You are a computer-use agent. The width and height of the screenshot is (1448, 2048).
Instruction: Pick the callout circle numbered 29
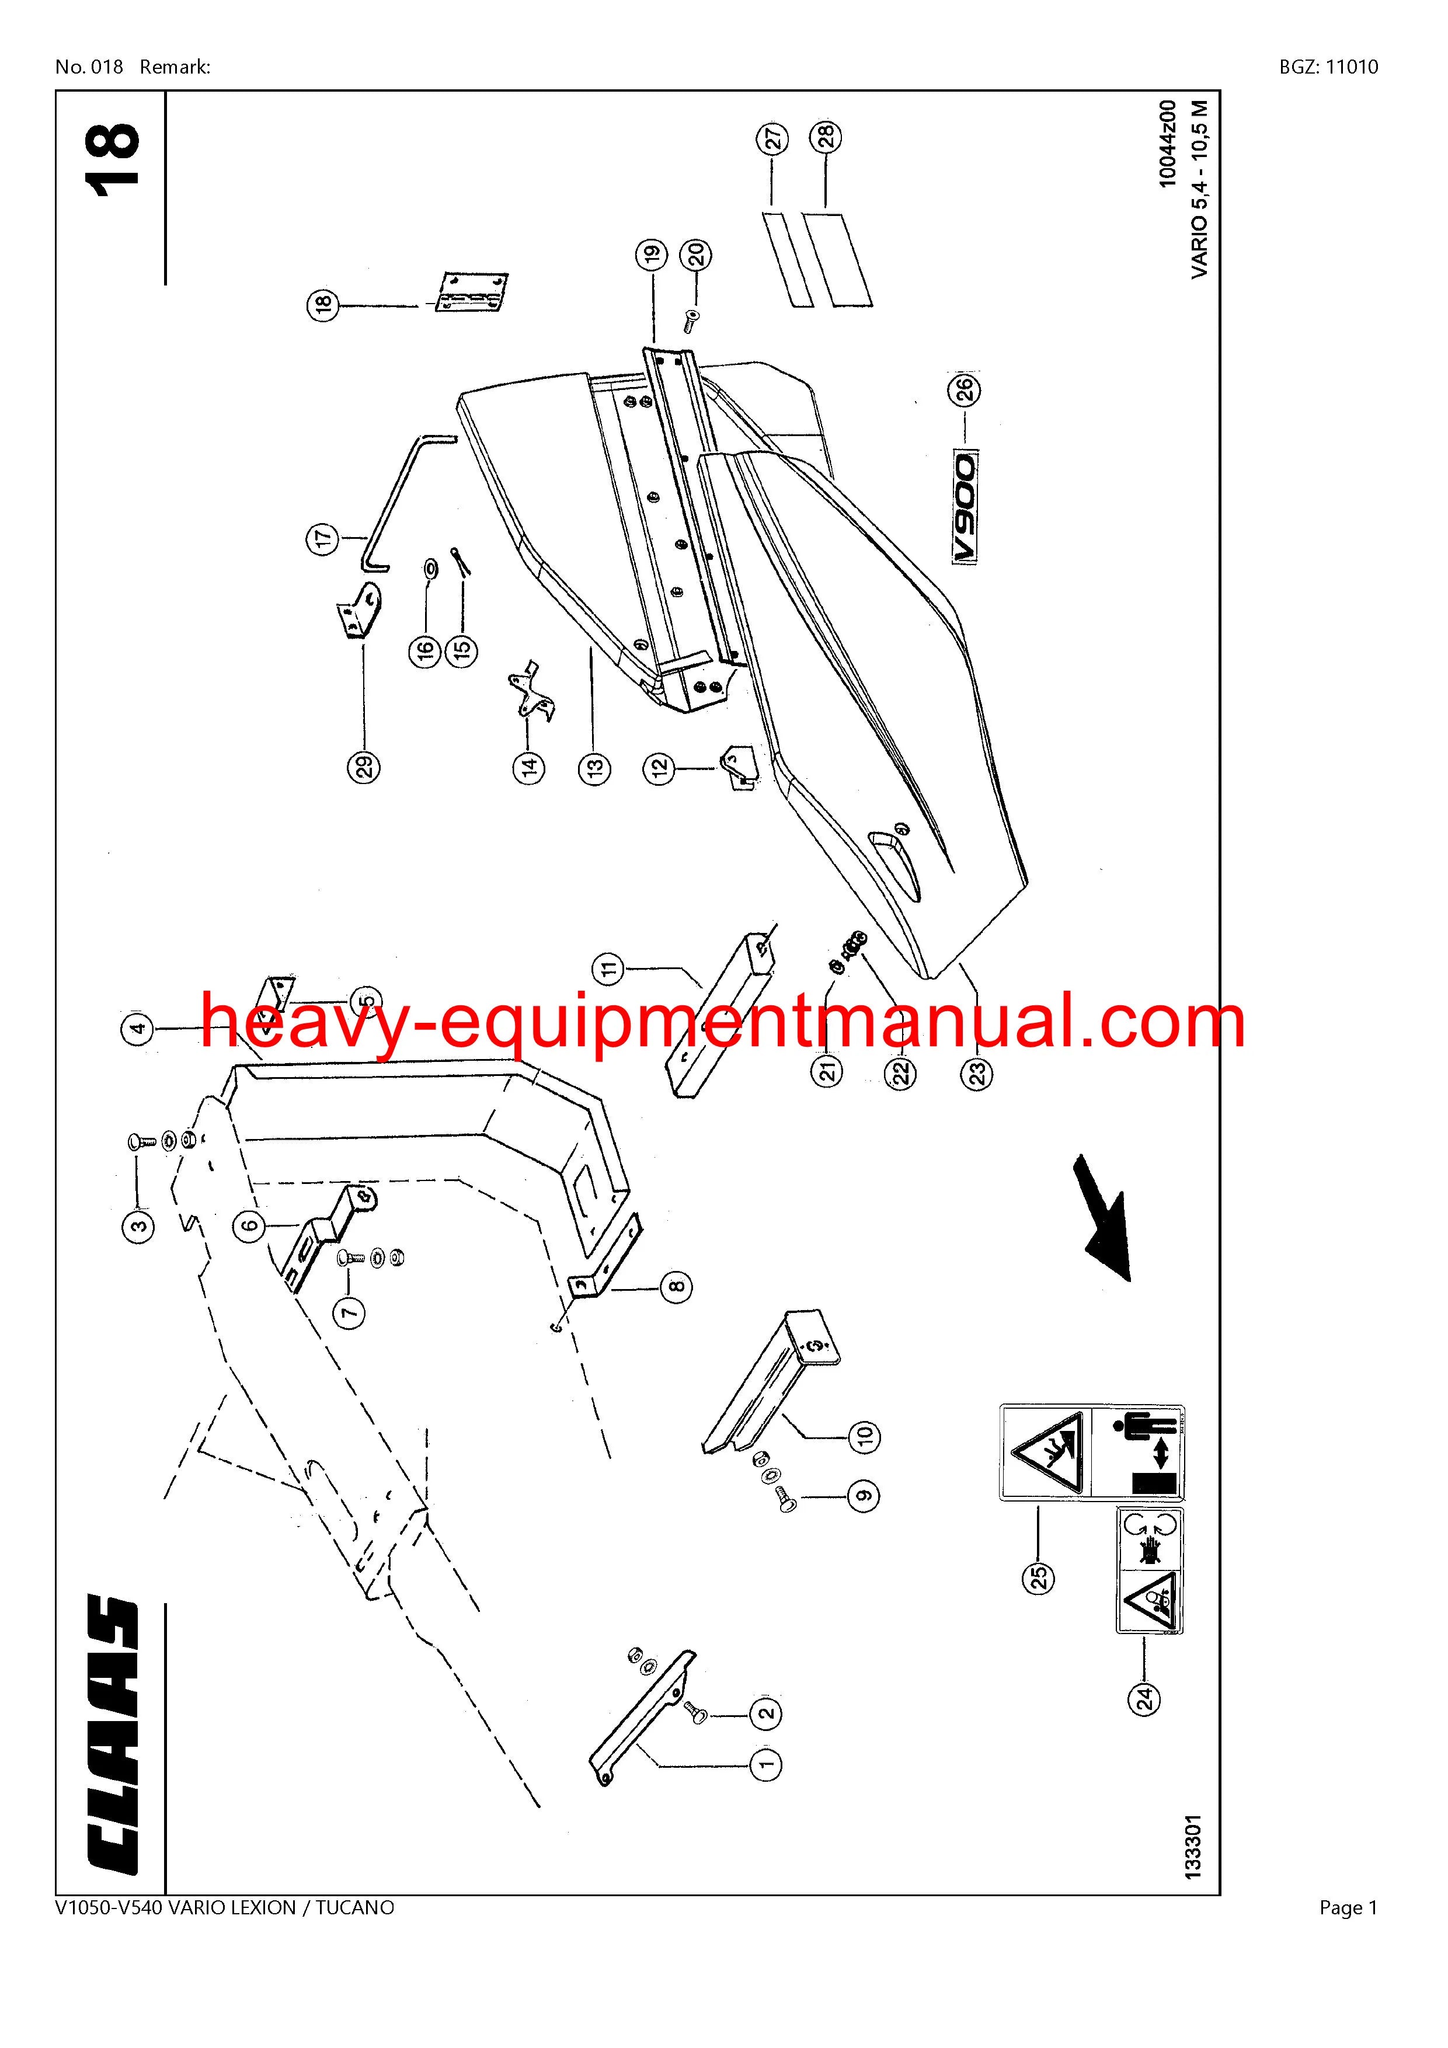click(x=364, y=766)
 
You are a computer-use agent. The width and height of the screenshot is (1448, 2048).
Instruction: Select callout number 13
click(x=595, y=766)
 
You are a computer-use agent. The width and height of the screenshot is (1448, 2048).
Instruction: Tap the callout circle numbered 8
click(x=676, y=1286)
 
